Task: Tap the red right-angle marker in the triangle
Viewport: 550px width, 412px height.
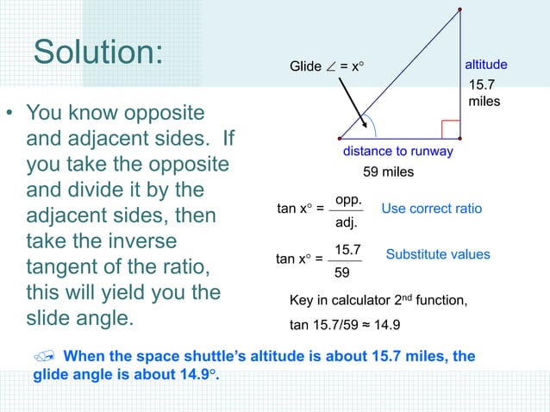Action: (450, 129)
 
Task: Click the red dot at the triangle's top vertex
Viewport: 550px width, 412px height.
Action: (459, 9)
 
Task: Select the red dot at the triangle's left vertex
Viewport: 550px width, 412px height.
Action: (340, 138)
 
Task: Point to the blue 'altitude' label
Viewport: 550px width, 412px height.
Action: (486, 65)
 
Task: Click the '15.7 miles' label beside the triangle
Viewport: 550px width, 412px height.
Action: (483, 93)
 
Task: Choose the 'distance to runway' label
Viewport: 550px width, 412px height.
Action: (398, 152)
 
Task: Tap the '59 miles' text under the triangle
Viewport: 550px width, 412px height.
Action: (388, 172)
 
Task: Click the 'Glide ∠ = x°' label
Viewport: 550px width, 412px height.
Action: (327, 66)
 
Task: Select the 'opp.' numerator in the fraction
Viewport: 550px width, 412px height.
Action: (347, 199)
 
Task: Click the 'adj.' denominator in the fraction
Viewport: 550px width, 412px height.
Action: (347, 222)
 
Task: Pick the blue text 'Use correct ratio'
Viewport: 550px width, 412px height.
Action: (431, 209)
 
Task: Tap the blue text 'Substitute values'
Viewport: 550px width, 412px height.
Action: (438, 254)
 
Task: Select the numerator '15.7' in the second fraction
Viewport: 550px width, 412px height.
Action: (347, 250)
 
